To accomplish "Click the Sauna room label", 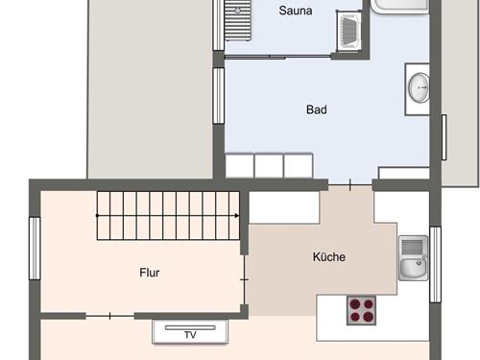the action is (296, 11).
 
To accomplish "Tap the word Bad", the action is (317, 109).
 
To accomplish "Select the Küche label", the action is (329, 256).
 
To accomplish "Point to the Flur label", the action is (150, 273).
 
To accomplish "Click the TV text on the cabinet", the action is (190, 335).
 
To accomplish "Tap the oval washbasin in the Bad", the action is (419, 88).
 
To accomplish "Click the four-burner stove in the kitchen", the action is (361, 310).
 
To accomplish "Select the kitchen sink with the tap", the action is (413, 258).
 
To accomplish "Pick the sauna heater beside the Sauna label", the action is (348, 32).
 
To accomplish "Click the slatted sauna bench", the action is (238, 20).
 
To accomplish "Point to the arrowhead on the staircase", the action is (237, 215).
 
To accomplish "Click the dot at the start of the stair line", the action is (97, 215).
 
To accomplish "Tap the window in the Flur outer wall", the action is (35, 249).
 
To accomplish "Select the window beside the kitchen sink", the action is (435, 264).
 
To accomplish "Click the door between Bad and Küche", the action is (350, 184).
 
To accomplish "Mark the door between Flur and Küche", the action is (245, 279).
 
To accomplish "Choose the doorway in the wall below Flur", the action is (109, 316).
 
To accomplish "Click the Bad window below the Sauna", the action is (219, 96).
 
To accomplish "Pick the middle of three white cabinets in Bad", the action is (269, 165).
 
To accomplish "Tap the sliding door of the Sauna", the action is (277, 57).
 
